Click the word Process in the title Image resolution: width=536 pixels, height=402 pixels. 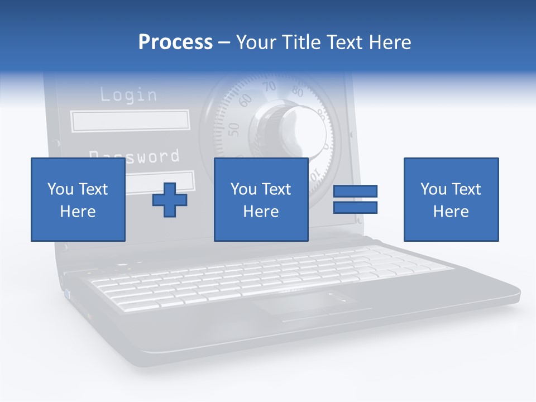tap(175, 42)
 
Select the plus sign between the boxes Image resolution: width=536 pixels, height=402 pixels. tap(170, 200)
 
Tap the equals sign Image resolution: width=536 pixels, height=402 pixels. tap(355, 199)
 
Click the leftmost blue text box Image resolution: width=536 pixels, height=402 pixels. tap(78, 199)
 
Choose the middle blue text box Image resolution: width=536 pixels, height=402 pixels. tap(261, 199)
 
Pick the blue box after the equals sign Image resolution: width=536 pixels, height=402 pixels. tap(451, 199)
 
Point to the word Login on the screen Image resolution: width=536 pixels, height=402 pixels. tap(128, 95)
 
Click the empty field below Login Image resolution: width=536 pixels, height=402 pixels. tap(130, 121)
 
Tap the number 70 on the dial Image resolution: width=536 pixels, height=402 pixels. tap(270, 87)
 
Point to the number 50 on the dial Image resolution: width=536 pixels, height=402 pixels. tap(234, 129)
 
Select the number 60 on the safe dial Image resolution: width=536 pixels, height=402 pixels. tap(245, 100)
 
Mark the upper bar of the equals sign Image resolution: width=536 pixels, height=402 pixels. tap(355, 191)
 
